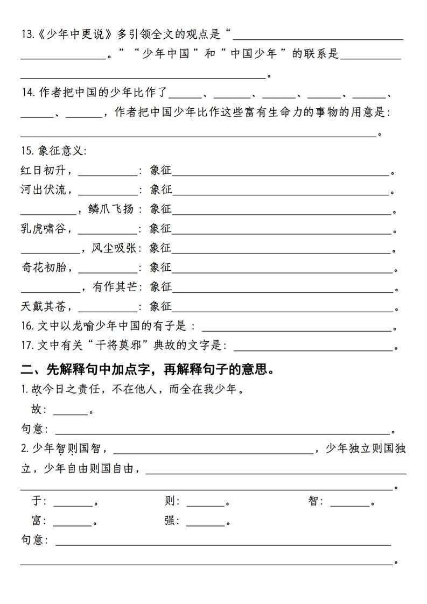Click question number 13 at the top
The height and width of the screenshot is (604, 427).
pos(27,35)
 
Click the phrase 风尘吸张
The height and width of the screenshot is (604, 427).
pos(113,248)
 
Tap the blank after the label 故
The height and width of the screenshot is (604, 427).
pos(71,411)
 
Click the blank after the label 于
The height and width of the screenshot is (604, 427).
pos(73,503)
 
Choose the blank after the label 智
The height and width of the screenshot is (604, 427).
pos(350,503)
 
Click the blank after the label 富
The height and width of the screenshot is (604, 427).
pos(73,522)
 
